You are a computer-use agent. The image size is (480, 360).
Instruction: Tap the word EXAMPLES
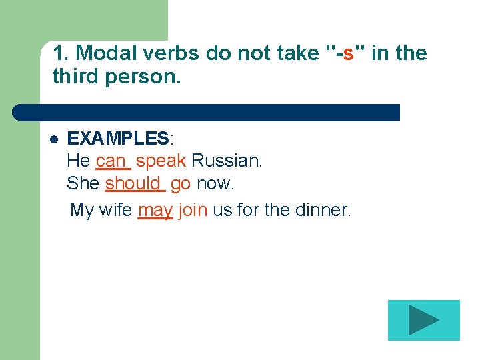(x=119, y=139)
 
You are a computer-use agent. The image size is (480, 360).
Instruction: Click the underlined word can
(x=111, y=161)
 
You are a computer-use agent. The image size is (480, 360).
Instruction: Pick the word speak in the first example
(x=161, y=161)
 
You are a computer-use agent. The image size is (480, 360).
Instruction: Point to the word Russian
(x=227, y=161)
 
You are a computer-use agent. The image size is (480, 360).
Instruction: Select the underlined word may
(x=155, y=210)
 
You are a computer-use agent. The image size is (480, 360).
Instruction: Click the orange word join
(x=193, y=210)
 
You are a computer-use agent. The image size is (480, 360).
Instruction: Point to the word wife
(x=115, y=210)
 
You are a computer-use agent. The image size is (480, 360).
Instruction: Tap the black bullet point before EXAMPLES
(x=55, y=139)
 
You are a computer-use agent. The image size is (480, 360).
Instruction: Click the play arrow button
(x=423, y=320)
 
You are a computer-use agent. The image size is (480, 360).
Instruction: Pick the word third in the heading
(x=75, y=77)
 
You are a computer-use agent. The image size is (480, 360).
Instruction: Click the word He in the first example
(x=78, y=161)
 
